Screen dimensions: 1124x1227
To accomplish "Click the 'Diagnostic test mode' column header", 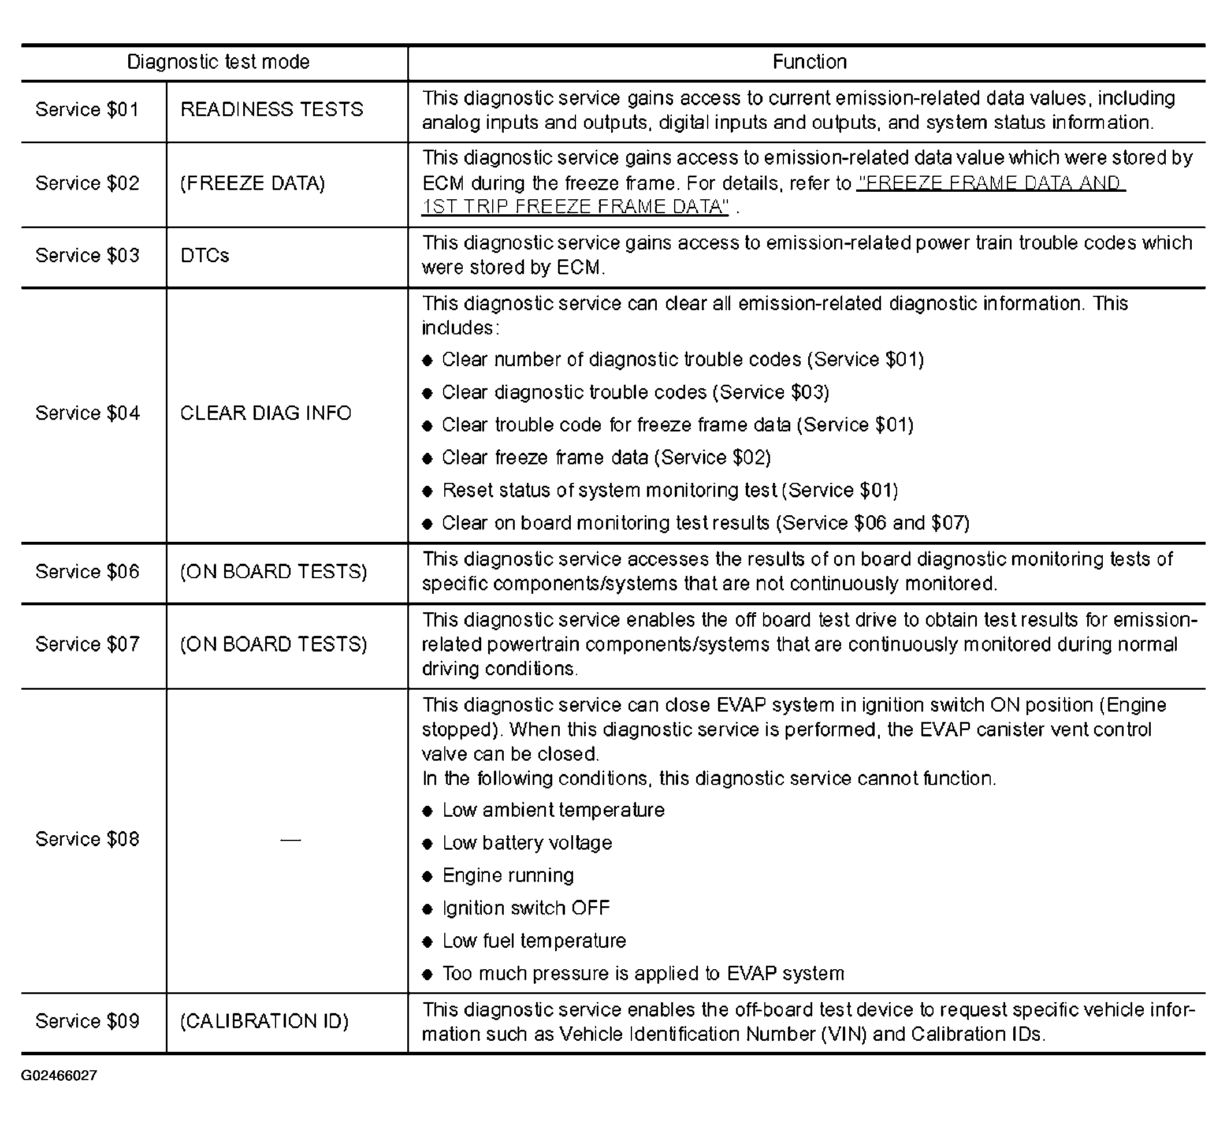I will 218,62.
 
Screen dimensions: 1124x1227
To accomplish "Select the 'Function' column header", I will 809,62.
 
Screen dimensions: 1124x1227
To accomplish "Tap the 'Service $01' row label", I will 88,110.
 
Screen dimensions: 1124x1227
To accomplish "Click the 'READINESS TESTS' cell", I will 272,110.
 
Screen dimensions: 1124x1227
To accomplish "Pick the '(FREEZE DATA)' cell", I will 252,183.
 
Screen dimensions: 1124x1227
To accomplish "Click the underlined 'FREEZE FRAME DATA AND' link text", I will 990,183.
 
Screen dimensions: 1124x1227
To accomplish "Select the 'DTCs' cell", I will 204,256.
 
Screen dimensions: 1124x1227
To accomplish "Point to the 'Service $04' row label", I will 88,413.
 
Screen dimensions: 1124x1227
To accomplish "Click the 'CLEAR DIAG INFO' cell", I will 265,413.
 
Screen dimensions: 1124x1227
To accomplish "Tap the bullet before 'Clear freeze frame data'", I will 427,459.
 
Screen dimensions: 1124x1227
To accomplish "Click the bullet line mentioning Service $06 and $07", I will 705,523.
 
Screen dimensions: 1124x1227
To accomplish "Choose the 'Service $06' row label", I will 88,571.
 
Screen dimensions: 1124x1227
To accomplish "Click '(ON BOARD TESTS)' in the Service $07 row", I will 273,645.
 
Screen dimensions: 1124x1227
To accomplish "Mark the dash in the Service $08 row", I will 291,840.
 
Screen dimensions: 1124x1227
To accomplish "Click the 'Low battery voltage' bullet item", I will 527,843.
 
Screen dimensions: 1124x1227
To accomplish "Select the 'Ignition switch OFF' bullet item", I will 526,909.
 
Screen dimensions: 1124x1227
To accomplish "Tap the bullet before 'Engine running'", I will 427,877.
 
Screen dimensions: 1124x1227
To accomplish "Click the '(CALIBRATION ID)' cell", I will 264,1021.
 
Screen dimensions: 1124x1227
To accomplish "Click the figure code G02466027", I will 59,1075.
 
